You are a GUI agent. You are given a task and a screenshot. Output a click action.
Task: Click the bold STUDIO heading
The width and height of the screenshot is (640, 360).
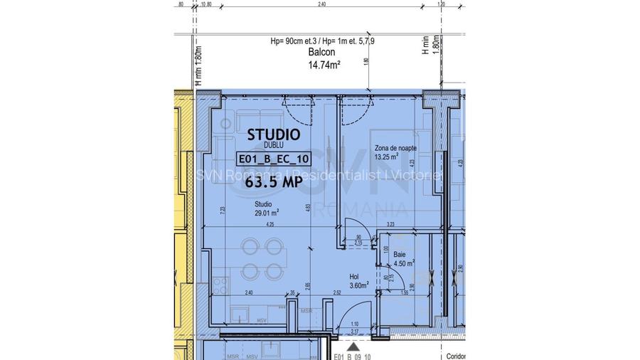(273, 134)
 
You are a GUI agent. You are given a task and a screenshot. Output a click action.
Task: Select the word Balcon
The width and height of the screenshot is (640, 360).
(321, 53)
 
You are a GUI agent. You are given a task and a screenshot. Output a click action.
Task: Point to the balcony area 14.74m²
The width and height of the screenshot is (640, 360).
(323, 64)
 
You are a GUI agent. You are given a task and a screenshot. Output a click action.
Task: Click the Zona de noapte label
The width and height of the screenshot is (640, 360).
(395, 148)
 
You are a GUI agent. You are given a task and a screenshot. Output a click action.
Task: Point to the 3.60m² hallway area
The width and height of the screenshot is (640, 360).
(358, 285)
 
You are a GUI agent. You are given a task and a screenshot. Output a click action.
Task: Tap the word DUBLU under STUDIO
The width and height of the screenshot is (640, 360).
(273, 145)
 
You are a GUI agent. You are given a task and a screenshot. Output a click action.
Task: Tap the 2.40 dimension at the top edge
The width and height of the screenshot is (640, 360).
(321, 4)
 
